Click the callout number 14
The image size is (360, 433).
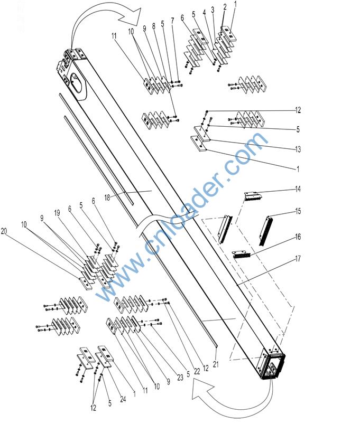click(x=298, y=189)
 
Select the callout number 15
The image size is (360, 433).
click(x=298, y=211)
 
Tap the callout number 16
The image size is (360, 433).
click(x=298, y=237)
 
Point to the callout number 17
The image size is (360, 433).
click(x=298, y=259)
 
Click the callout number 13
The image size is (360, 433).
click(x=298, y=149)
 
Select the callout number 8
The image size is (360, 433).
click(x=153, y=25)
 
